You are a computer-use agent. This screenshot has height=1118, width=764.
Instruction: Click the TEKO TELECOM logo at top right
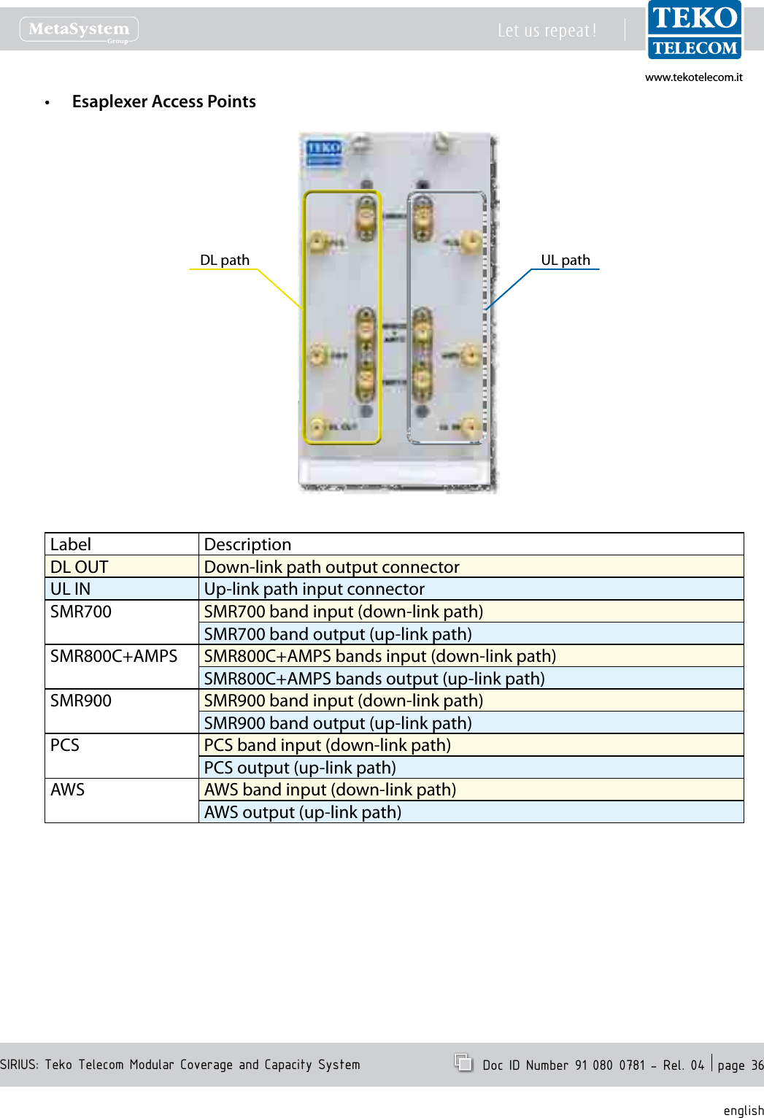coord(694,30)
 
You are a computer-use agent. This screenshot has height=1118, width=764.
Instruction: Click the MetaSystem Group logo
coord(79,30)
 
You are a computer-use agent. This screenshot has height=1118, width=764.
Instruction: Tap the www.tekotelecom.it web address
coord(693,77)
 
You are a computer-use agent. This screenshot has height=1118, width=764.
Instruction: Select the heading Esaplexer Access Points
coord(163,101)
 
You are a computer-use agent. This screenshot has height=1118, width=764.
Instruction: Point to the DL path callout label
coord(224,260)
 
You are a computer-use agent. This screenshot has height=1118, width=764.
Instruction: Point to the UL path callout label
coord(565,260)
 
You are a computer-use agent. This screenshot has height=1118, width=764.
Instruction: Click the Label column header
coord(71,544)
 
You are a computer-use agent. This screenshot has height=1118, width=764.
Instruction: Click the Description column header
coord(247,544)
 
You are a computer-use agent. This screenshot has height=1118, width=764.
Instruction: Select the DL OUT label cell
coord(79,567)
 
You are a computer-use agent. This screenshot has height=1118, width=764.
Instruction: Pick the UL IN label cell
coord(70,589)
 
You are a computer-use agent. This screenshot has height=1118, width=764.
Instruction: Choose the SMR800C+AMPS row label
coord(114,656)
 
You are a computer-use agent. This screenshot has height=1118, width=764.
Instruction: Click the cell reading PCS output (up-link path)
coord(300,768)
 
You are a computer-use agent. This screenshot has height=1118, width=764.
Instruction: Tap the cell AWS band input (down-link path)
coord(330,790)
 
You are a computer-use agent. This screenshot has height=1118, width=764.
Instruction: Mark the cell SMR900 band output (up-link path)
coord(338,723)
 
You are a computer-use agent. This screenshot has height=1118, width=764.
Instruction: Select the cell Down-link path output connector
coord(331,567)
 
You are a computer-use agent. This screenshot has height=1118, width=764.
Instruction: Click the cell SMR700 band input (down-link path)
coord(343,612)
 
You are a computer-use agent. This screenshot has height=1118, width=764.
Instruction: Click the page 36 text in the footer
coord(740,1065)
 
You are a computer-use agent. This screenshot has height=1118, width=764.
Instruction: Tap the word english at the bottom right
coord(743,1110)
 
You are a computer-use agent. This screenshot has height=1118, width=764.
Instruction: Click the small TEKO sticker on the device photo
coord(323,152)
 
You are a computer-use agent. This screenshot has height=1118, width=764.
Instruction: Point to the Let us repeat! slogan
coord(547,31)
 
